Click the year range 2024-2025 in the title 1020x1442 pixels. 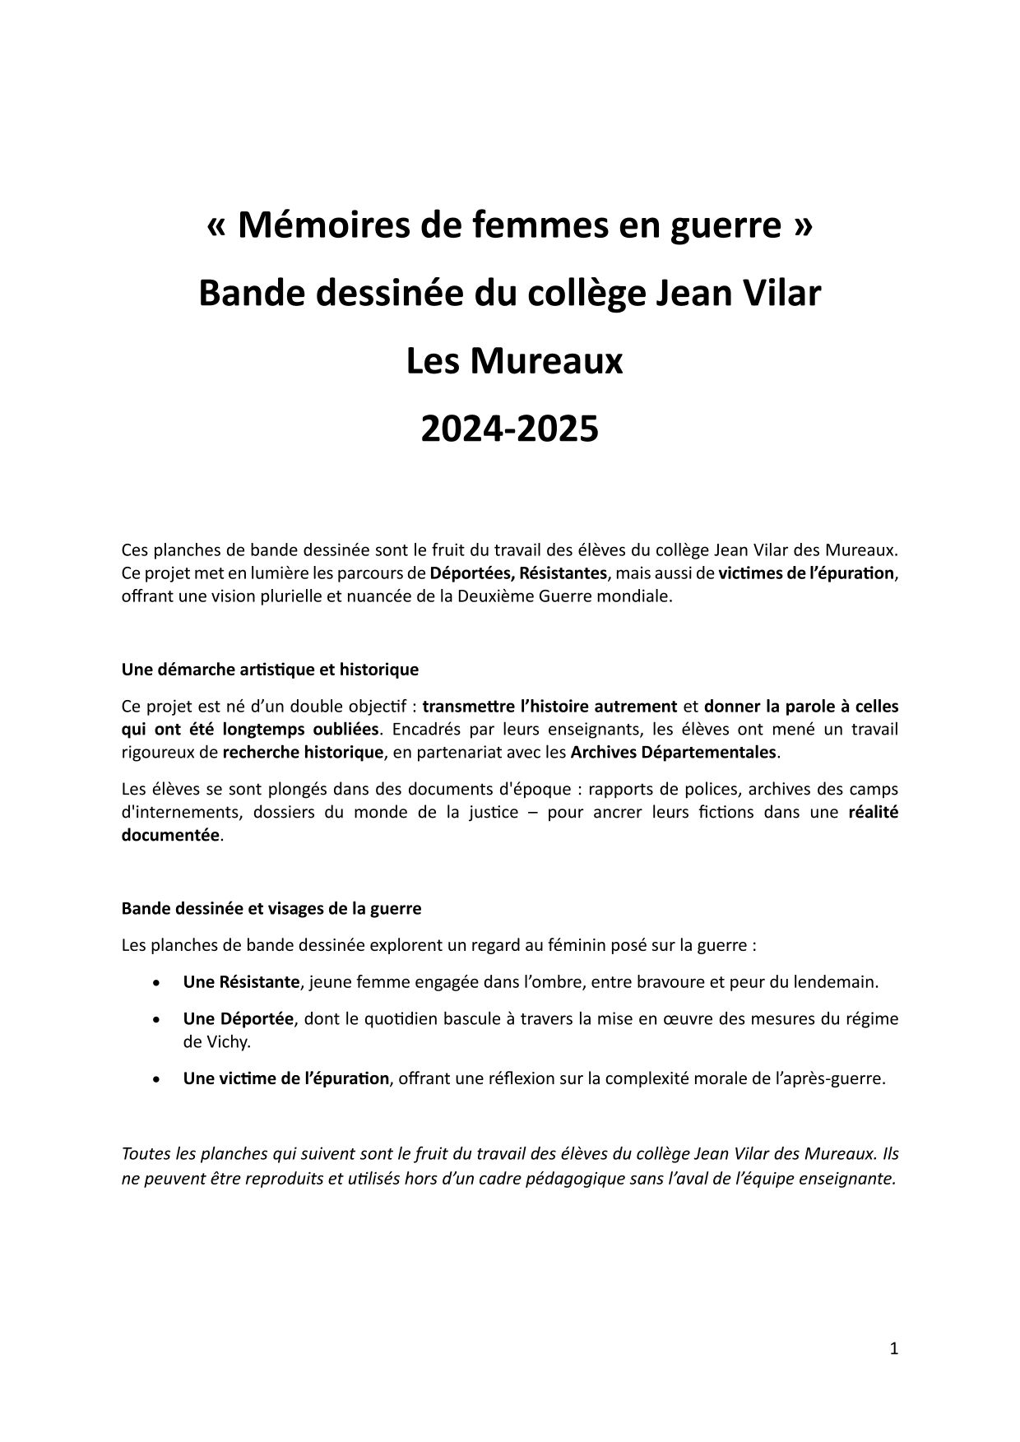point(509,429)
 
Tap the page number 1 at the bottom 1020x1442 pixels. point(893,1348)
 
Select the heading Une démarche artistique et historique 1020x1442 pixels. point(270,670)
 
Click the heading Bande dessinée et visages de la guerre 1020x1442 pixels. point(271,908)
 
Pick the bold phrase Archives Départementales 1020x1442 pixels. point(673,752)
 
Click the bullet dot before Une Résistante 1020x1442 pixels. point(156,982)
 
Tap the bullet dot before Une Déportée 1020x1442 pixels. point(156,1019)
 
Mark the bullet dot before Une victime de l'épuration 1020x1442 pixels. point(156,1078)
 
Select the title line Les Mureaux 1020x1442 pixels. point(514,361)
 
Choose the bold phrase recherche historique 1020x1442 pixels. point(303,752)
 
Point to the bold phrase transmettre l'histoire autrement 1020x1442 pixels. point(549,706)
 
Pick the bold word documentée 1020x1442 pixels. point(170,835)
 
